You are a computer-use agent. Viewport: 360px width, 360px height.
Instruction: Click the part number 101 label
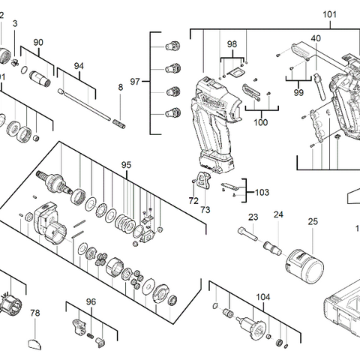pos(308,14)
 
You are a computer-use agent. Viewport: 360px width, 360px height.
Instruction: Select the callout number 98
pos(232,45)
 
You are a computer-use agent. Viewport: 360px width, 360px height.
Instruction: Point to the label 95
pos(126,164)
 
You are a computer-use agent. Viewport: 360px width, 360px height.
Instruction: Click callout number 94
pos(79,65)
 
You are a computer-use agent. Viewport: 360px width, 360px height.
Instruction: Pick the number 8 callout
pos(120,88)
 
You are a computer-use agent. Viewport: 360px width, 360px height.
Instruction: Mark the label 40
pos(316,38)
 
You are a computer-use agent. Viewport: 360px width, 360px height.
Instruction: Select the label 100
pos(260,121)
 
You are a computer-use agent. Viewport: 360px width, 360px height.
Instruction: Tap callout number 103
pos(262,192)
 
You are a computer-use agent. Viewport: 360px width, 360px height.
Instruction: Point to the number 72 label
pos(193,202)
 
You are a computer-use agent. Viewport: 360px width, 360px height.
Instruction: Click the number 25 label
pos(312,221)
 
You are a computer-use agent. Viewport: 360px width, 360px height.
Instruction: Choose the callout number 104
pos(262,297)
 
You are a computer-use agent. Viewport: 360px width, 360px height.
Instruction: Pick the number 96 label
pos(91,301)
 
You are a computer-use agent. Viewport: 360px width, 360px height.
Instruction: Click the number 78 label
pos(34,312)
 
